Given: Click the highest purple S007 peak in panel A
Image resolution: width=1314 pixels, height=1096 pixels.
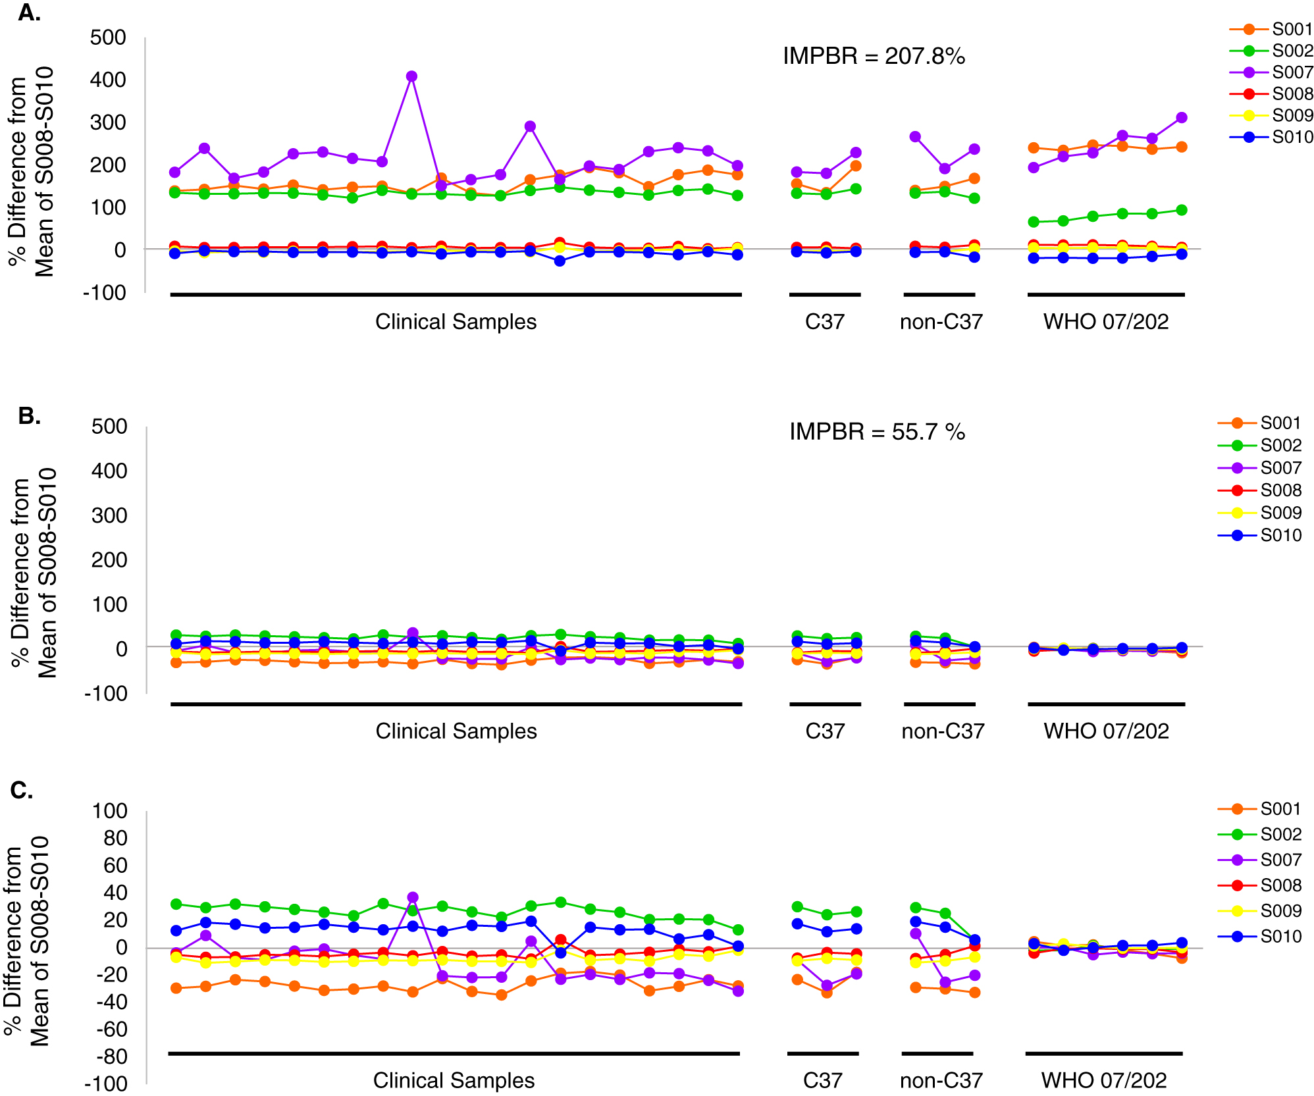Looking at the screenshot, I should coord(411,76).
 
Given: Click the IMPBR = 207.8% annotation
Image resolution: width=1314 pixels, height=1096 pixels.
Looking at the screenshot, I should coord(874,57).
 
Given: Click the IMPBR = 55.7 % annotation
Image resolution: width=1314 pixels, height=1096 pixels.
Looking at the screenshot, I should coord(877,432).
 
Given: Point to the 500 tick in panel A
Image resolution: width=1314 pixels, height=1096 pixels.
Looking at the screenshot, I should coord(108,38).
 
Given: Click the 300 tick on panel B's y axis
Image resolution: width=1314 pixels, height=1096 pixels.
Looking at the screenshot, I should coord(109,515).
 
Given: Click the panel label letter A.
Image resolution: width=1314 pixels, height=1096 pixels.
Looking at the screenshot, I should coord(29,13).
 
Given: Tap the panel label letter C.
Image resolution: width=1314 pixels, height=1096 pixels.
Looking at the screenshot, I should coord(22,790).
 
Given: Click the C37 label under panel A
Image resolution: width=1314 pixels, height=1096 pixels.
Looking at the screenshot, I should coord(824,322).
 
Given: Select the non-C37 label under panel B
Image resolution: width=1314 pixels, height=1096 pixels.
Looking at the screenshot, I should coord(942,731).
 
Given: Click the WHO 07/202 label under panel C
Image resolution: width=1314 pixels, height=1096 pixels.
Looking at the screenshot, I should coord(1103,1080).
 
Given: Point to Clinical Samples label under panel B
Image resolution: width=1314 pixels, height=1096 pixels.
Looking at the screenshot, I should coord(456,731).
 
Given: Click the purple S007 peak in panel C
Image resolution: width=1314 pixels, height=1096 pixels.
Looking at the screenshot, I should coord(413,897).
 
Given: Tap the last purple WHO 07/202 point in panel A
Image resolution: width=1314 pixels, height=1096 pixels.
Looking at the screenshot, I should coord(1181,118).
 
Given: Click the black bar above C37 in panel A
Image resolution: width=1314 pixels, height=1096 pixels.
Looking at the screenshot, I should coord(824,294).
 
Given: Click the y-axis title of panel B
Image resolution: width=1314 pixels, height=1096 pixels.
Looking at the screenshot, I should coord(34,571).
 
